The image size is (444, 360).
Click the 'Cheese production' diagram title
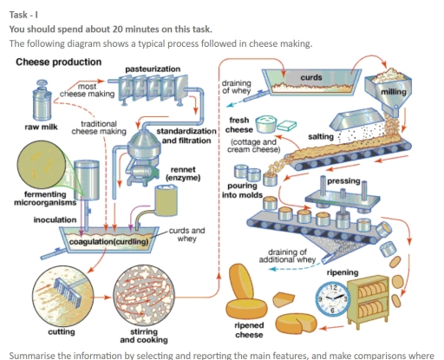pyautogui.click(x=56, y=62)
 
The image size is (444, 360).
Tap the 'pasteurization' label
pyautogui.click(x=153, y=68)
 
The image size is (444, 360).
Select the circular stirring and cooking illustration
pyautogui.click(x=149, y=294)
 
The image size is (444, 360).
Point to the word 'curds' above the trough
pyautogui.click(x=310, y=78)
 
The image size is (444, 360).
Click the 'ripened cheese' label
pyautogui.click(x=250, y=331)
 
